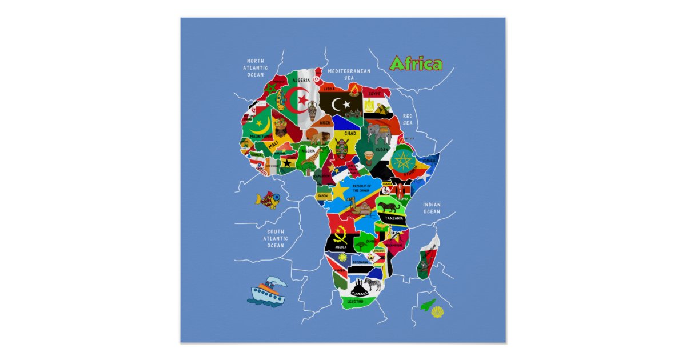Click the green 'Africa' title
pos(416,64)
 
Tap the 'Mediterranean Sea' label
pos(349,74)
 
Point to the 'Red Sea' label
pos(407,119)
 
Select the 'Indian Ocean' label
pos(432,208)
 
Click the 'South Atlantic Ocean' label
pos(275,238)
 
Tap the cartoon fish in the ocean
pos(267,199)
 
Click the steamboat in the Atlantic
pos(266,292)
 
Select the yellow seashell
pos(437,312)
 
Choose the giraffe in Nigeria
pos(309,160)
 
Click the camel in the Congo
pos(361,203)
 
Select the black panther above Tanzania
pos(388,206)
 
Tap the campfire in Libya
pos(354,90)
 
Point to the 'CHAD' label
pos(350,134)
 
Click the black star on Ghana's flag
pos(286,163)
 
